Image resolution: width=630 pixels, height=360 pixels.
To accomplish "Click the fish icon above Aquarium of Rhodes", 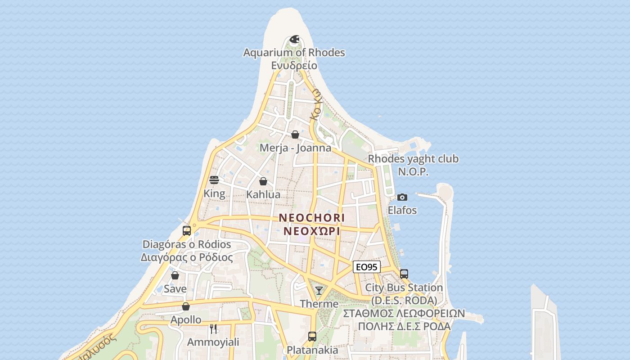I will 294,40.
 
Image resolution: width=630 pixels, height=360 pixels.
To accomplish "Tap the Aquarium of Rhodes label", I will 294,53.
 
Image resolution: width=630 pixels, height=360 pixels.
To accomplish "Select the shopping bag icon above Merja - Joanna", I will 295,135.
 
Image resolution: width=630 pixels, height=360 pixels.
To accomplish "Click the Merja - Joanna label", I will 295,148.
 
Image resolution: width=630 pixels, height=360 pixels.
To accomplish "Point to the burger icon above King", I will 214,180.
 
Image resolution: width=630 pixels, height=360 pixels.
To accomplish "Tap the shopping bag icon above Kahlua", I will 263,181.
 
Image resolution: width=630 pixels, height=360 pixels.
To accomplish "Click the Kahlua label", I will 263,195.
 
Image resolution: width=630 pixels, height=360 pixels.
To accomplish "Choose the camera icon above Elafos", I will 402,197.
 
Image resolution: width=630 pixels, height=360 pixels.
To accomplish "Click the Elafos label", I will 402,210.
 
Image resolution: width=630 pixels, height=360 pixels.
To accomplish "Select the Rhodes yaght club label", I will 413,159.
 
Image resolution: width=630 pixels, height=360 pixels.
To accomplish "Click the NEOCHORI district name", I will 311,218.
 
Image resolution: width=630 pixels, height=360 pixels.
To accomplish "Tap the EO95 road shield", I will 366,267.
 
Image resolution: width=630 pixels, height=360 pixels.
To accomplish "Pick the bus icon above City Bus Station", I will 404,274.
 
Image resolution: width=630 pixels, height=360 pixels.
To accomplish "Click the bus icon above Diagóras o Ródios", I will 187,231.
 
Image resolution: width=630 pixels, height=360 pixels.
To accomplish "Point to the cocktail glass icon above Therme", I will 319,291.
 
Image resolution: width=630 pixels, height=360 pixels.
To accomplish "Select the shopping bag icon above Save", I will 175,275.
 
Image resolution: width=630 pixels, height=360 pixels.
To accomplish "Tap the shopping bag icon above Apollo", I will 186,306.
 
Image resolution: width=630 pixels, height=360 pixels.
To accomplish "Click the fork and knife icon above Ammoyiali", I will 213,329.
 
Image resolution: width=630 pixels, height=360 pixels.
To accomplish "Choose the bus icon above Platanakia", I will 312,336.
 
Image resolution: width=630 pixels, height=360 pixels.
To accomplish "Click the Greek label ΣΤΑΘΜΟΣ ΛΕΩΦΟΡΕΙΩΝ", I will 404,314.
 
